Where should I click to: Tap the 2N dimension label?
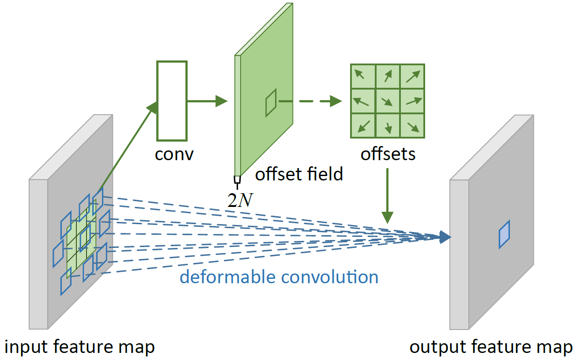click(240, 200)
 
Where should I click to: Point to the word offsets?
click(388, 154)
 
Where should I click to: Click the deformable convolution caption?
click(279, 277)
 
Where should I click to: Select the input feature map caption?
click(80, 347)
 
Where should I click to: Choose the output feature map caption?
click(491, 347)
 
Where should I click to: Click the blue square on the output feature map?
click(505, 234)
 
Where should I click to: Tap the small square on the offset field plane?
click(271, 103)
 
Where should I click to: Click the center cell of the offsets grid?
click(388, 101)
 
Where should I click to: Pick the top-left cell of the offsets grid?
click(363, 76)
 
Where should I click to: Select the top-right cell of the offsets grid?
click(412, 76)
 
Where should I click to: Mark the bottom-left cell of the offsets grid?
click(363, 126)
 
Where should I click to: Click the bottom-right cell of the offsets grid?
click(412, 126)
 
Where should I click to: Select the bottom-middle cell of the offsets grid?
click(388, 126)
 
